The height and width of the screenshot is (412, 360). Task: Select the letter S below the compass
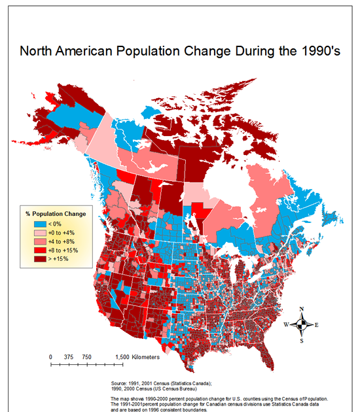click(301, 340)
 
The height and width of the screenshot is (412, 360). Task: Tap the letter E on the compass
click(317, 324)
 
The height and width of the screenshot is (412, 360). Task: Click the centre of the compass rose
click(301, 324)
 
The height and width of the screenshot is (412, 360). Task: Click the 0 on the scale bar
click(51, 356)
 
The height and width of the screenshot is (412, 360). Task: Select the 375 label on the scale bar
click(68, 356)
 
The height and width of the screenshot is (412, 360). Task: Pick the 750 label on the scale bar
click(86, 356)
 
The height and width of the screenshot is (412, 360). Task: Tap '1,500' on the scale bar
click(122, 356)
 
